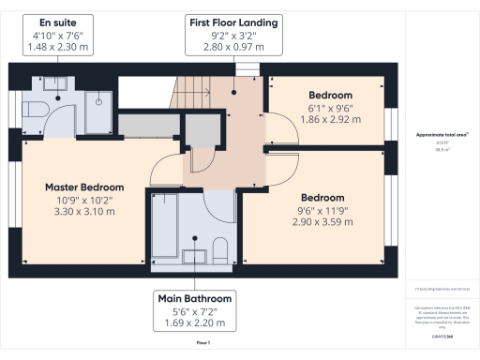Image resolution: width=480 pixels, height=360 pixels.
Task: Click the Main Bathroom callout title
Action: click(x=195, y=298)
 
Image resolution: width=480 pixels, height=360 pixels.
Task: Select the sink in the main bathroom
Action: click(x=196, y=256)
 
